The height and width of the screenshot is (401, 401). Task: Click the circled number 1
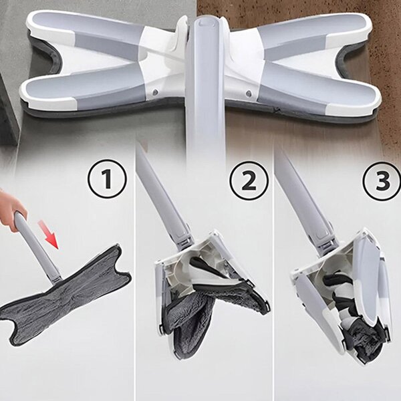pos(108,178)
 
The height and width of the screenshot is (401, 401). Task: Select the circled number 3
pos(382,180)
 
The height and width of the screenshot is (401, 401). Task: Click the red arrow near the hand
pos(49,235)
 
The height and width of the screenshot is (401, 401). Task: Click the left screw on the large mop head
pos(154,92)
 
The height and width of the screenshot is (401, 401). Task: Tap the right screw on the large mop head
pos(247,93)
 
